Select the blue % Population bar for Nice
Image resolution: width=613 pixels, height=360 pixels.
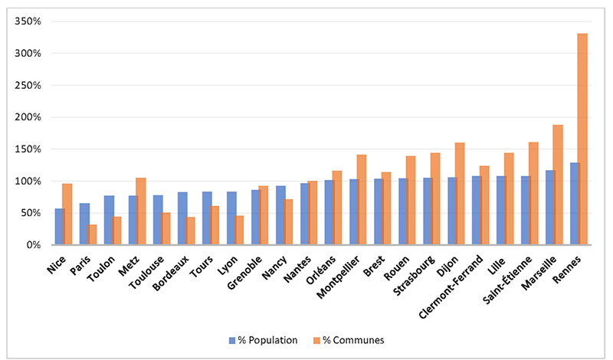59,227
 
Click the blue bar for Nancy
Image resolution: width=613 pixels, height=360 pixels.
280,215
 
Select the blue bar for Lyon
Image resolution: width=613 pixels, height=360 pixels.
231,218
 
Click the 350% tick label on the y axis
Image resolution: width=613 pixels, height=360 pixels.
26,21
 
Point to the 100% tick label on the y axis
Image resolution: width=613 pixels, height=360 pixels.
26,182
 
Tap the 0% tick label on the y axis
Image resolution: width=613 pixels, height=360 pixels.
31,245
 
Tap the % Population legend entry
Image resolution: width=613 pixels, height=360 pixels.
264,339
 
